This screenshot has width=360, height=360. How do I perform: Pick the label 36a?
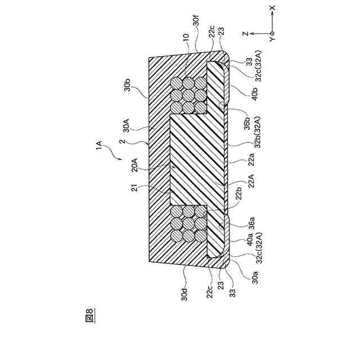click(x=246, y=219)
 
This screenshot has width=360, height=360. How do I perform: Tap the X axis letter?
click(x=272, y=8)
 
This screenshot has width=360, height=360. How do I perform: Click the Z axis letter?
click(x=246, y=34)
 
